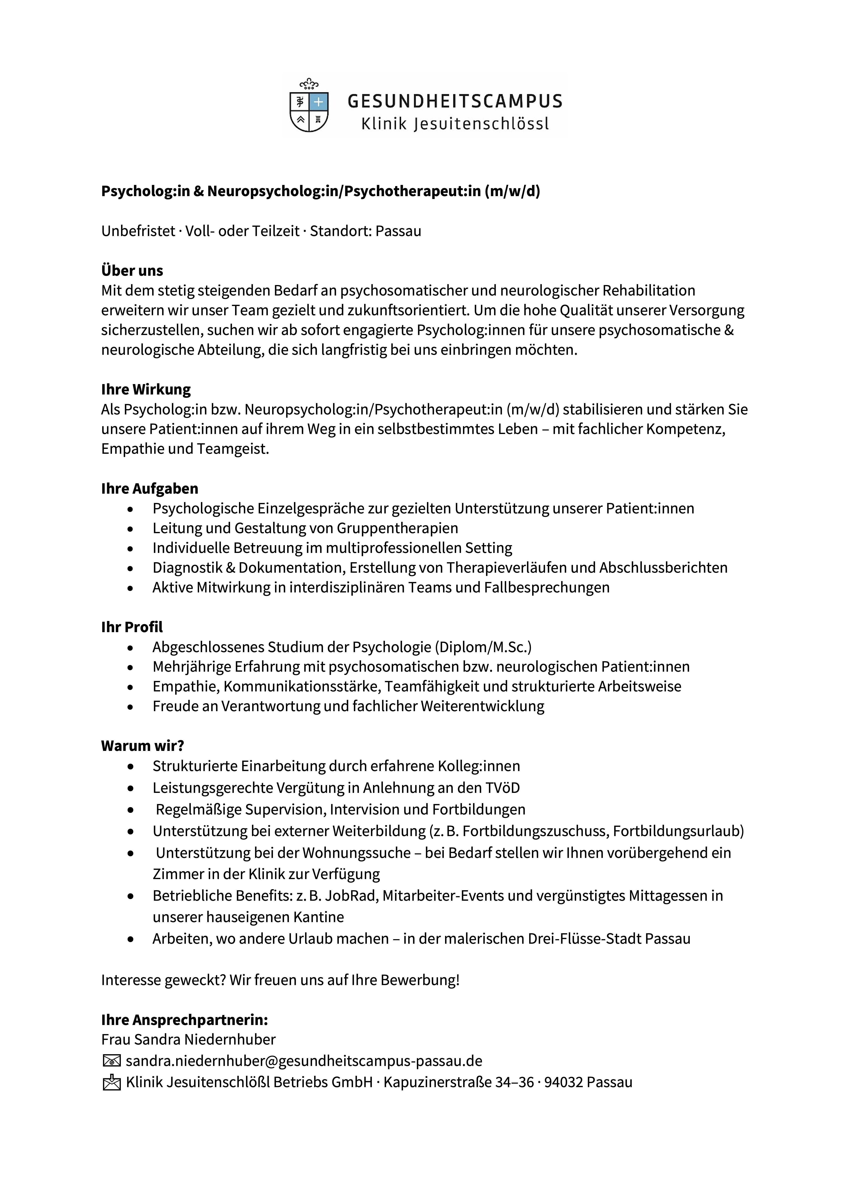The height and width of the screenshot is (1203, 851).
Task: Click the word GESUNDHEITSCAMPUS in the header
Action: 455,101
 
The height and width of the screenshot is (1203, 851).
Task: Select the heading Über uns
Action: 132,271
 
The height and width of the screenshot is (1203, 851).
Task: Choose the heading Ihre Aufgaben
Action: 149,488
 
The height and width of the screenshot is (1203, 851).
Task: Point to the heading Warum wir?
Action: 142,746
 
